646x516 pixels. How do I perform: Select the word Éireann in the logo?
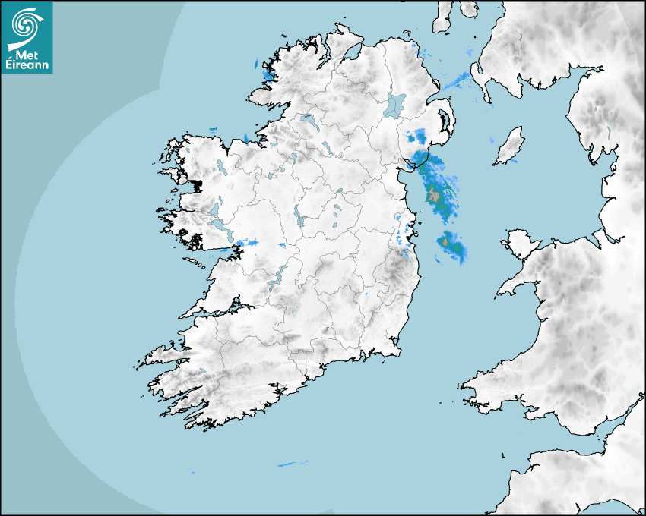coord(27,65)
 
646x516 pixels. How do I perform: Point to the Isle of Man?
coord(510,146)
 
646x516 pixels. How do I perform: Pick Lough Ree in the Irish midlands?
coord(300,217)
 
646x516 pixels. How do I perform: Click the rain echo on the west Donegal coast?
coord(268,74)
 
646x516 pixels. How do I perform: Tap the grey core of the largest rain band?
coord(435,195)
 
